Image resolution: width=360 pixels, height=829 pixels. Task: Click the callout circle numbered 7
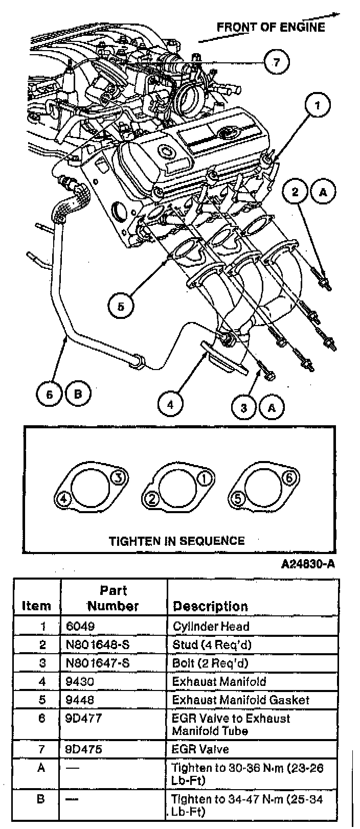pyautogui.click(x=277, y=62)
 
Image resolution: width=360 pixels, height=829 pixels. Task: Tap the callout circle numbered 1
pyautogui.click(x=318, y=106)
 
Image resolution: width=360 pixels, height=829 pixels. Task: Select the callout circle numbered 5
pyautogui.click(x=121, y=307)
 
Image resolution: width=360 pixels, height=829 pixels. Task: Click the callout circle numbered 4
pyautogui.click(x=170, y=405)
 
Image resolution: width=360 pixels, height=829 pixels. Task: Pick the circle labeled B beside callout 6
pyautogui.click(x=78, y=394)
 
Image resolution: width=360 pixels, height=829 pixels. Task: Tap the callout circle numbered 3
pyautogui.click(x=244, y=407)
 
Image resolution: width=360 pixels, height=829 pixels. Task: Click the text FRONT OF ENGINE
pyautogui.click(x=271, y=27)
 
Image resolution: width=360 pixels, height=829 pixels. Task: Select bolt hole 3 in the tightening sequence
pyautogui.click(x=118, y=478)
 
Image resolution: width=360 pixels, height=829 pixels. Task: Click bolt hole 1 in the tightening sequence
pyautogui.click(x=204, y=478)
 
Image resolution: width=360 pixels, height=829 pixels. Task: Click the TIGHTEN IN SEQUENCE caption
pyautogui.click(x=176, y=540)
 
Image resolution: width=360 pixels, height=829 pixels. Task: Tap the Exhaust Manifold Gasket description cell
pyautogui.click(x=240, y=700)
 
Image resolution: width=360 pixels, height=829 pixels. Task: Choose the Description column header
pyautogui.click(x=210, y=606)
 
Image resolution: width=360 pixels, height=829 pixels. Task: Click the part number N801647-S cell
pyautogui.click(x=98, y=663)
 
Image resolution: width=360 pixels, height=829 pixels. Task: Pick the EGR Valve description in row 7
pyautogui.click(x=200, y=749)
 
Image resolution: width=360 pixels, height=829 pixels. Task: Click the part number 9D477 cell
pyautogui.click(x=84, y=718)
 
